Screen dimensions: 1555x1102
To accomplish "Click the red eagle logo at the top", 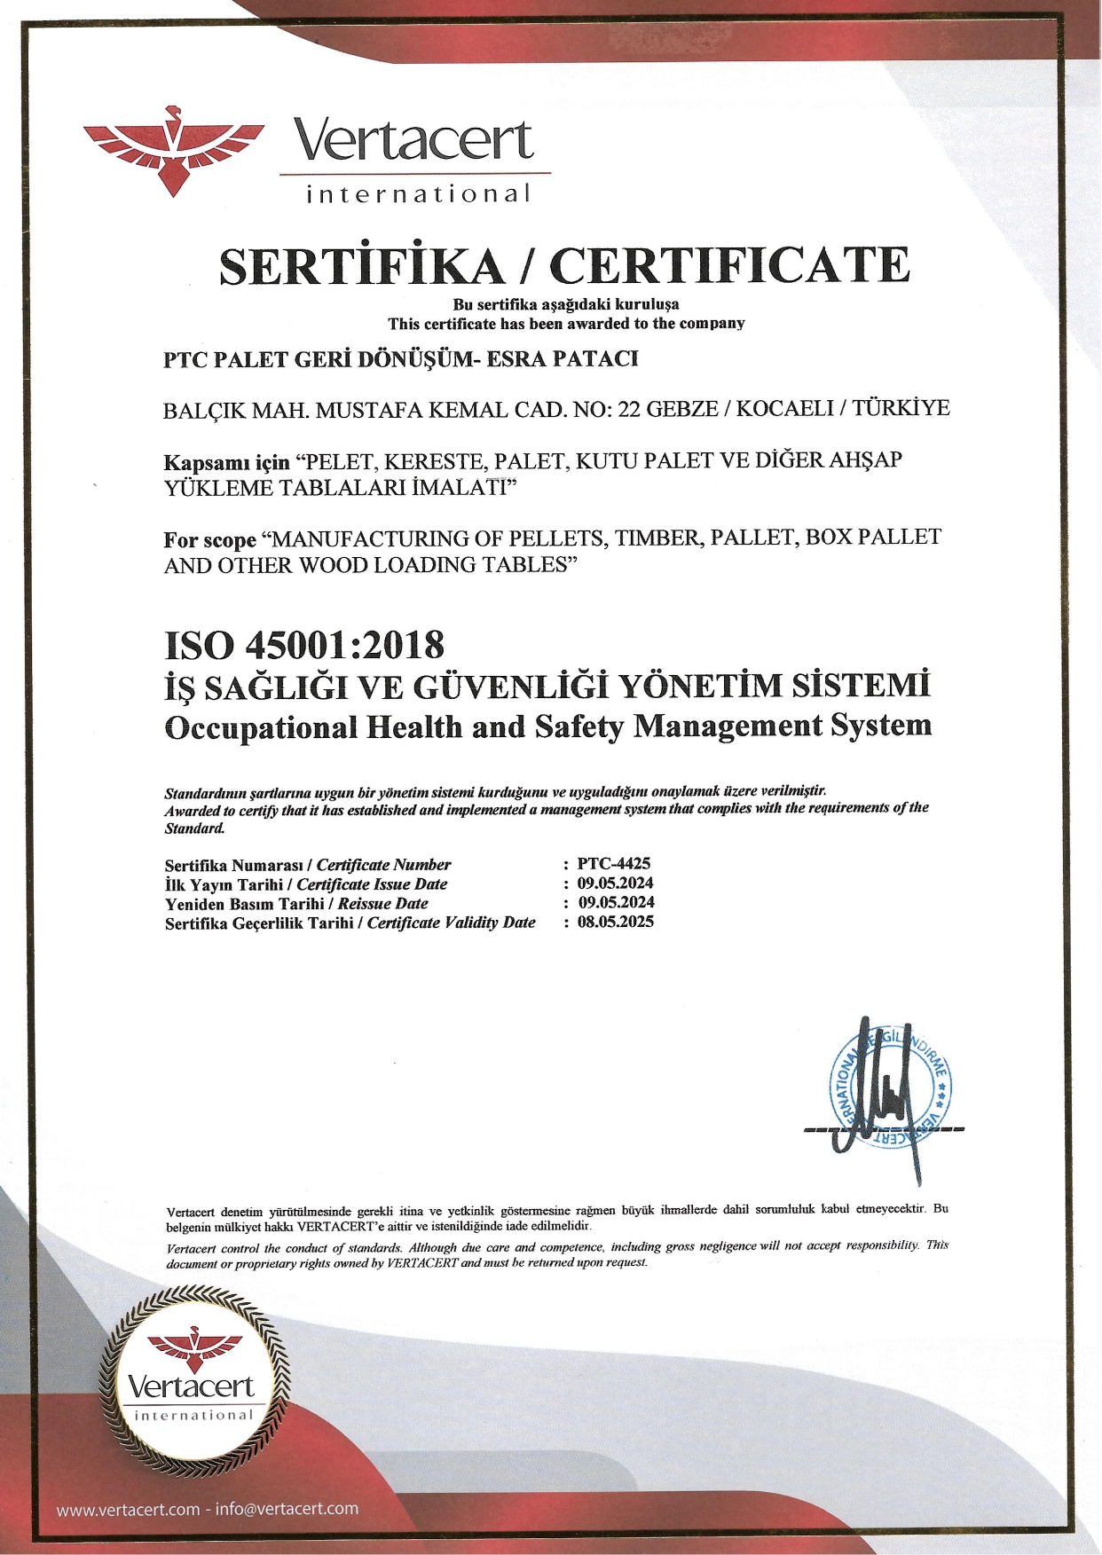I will [174, 149].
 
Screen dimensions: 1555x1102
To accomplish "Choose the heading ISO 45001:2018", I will [304, 645].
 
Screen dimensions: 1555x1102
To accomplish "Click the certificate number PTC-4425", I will [614, 863].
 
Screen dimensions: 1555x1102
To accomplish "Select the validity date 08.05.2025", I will [616, 922].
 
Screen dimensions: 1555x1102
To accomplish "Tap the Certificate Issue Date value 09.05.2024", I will [616, 883].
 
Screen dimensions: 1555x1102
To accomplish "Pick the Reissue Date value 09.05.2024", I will [617, 902].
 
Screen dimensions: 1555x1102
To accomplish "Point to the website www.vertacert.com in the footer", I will [128, 1509].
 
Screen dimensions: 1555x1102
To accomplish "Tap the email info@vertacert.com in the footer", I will [287, 1509].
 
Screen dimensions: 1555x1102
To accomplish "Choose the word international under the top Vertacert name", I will [418, 193].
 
